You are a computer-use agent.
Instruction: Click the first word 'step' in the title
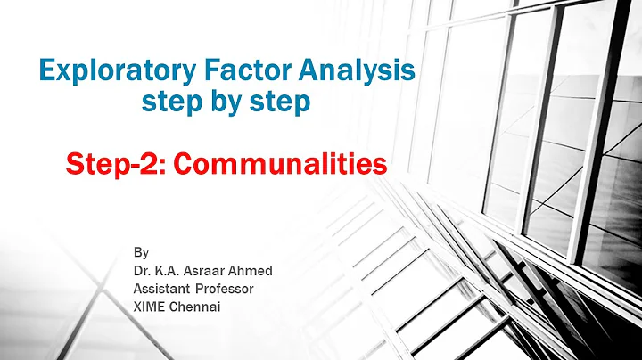tap(172, 102)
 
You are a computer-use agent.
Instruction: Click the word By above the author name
tap(140, 251)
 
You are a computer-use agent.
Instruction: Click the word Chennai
tap(200, 307)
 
